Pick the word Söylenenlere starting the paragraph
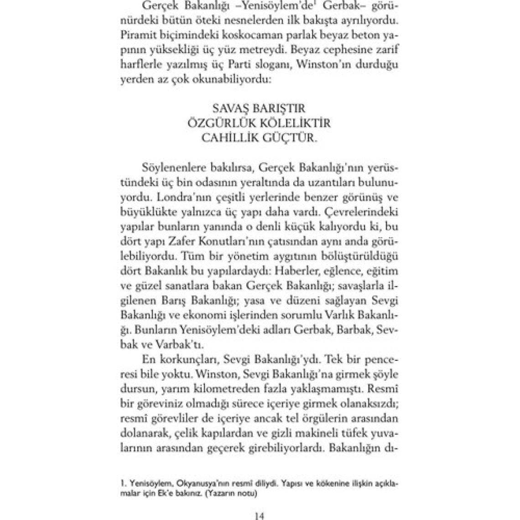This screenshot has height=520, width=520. pos(171,168)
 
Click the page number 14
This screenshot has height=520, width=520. pos(260,515)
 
